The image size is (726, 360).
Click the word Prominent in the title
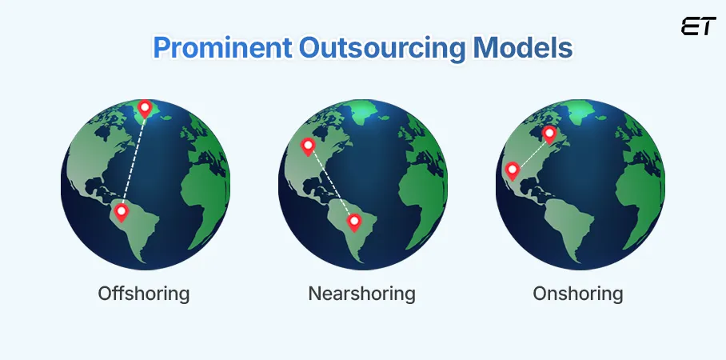pyautogui.click(x=209, y=48)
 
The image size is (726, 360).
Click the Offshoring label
pyautogui.click(x=144, y=294)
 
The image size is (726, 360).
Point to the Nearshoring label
pyautogui.click(x=361, y=294)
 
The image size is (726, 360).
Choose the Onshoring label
pyautogui.click(x=578, y=294)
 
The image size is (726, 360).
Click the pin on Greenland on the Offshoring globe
pyautogui.click(x=145, y=109)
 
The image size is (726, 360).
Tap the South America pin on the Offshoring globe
pyautogui.click(x=122, y=212)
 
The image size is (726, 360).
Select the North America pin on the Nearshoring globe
pyautogui.click(x=307, y=146)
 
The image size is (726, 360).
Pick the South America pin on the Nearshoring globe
pyautogui.click(x=353, y=220)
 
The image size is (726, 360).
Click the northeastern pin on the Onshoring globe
pyautogui.click(x=549, y=134)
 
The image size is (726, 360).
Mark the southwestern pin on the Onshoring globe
pyautogui.click(x=513, y=170)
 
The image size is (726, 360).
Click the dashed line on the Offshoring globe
pyautogui.click(x=134, y=160)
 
